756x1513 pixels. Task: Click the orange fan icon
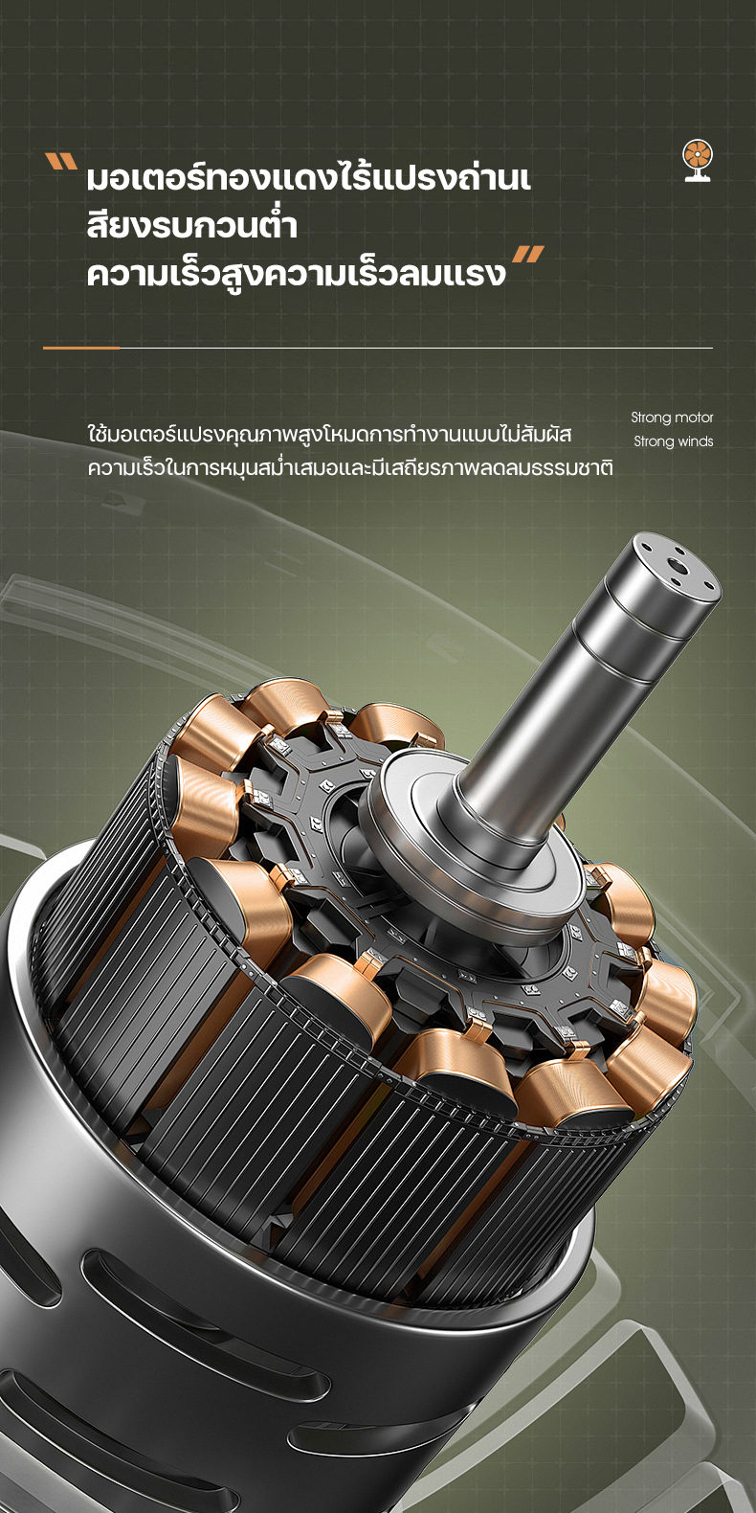pyautogui.click(x=698, y=161)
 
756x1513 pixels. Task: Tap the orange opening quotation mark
pyautogui.click(x=60, y=162)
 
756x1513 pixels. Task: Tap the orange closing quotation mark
pyautogui.click(x=528, y=254)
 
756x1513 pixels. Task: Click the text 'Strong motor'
pyautogui.click(x=672, y=418)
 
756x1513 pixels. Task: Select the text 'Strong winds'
pyautogui.click(x=673, y=441)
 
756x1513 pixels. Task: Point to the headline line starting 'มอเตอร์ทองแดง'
pyautogui.click(x=308, y=177)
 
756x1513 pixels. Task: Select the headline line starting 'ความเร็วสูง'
pyautogui.click(x=297, y=272)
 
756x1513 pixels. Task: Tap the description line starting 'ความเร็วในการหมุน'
pyautogui.click(x=350, y=466)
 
